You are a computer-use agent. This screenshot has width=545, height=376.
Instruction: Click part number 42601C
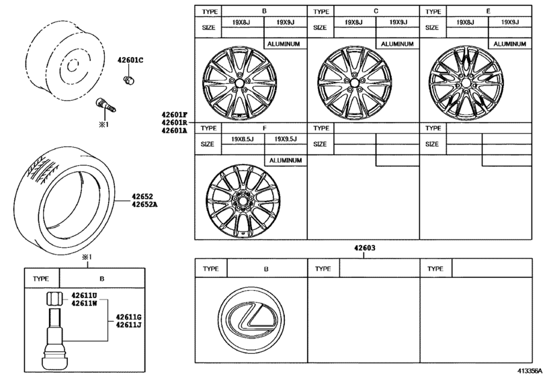[130, 60]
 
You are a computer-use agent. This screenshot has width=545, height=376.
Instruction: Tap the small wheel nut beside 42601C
[128, 81]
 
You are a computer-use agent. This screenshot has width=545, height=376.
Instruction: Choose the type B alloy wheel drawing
[235, 84]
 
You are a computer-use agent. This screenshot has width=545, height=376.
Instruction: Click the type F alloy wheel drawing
[235, 200]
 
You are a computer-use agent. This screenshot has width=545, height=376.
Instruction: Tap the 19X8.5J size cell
[243, 140]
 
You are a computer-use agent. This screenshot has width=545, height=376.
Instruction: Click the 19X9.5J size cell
[286, 140]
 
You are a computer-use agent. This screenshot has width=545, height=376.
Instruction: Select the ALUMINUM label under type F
[286, 161]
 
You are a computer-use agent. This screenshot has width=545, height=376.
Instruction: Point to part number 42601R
[174, 124]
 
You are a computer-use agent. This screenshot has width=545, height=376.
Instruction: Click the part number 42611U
[85, 295]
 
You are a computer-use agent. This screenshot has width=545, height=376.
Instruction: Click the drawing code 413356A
[530, 369]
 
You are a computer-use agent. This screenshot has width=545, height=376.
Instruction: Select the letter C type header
[376, 12]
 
